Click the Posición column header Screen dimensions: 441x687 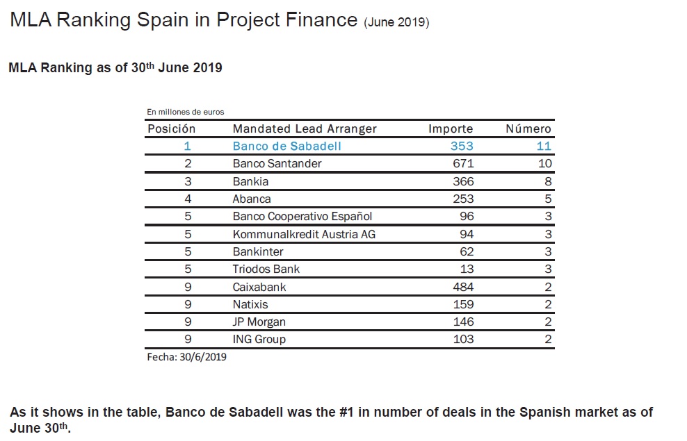pos(172,128)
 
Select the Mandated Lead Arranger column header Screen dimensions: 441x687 pos(305,128)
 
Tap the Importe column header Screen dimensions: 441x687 pos(451,128)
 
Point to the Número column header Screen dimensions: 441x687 pos(528,128)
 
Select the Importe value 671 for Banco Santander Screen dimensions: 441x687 pos(462,164)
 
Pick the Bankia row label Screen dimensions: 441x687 pos(250,181)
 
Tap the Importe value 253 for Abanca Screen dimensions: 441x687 pos(462,199)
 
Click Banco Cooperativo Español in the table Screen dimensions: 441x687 pos(302,216)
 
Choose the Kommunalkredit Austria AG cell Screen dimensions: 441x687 pos(304,234)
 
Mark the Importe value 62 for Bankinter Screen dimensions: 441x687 pos(466,251)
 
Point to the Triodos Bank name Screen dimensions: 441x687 pos(266,269)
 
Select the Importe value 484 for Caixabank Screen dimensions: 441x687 pos(462,287)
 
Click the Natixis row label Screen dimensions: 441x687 pos(250,304)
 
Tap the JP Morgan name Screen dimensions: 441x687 pos(259,322)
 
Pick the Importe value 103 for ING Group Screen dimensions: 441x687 pos(462,339)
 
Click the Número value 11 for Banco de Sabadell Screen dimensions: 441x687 pos(544,146)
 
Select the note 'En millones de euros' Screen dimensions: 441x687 pos(185,112)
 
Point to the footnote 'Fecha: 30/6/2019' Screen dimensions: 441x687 pos(186,357)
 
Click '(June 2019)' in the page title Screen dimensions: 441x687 pos(396,22)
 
